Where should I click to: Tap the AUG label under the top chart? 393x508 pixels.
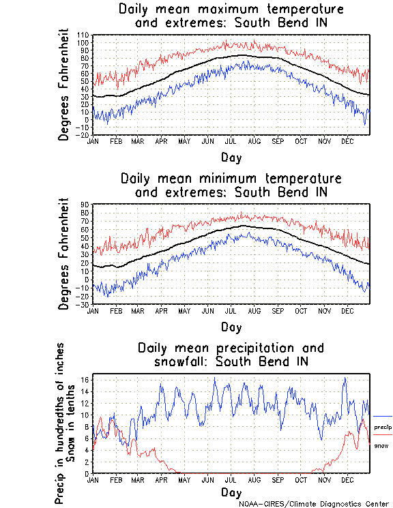[x=254, y=141]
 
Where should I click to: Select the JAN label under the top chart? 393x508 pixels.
[x=93, y=141]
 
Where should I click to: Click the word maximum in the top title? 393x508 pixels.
[x=232, y=10]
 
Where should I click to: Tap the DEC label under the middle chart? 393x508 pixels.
[x=347, y=311]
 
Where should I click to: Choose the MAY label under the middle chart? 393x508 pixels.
[x=184, y=311]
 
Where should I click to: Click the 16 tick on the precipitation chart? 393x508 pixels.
[x=86, y=379]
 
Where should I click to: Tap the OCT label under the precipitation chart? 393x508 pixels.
[x=301, y=480]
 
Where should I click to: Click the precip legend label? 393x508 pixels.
[x=383, y=427]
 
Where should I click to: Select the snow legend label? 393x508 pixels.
[x=381, y=445]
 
